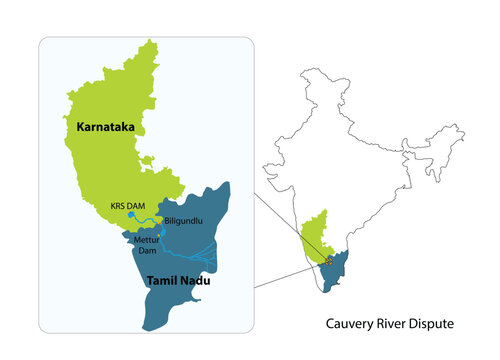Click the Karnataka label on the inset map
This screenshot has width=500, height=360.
point(105,128)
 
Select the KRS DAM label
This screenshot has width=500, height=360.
point(128,207)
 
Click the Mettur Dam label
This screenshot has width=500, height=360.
point(148,246)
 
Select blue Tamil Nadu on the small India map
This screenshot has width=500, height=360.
point(344,260)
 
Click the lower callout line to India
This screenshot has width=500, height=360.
point(290,273)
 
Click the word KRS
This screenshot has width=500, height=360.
point(119,207)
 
